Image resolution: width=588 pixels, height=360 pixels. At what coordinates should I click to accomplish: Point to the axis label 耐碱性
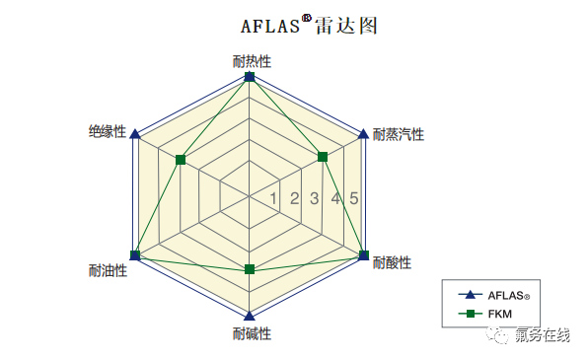click(252, 332)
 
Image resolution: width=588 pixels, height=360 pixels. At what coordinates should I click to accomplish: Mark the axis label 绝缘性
click(108, 131)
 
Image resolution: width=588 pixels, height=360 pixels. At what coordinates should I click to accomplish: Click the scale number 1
click(274, 198)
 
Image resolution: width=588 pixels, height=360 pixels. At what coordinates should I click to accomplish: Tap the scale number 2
click(294, 198)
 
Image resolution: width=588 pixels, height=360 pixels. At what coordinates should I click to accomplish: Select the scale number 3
click(315, 198)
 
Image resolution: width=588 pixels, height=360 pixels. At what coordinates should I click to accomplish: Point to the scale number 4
click(335, 198)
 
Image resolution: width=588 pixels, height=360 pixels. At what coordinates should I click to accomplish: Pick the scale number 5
click(354, 198)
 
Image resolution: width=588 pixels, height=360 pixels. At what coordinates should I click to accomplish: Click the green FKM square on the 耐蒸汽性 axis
click(323, 157)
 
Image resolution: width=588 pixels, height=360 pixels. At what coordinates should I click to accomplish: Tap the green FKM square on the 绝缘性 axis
click(180, 159)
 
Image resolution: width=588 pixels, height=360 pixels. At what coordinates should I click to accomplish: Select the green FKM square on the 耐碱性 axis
click(250, 269)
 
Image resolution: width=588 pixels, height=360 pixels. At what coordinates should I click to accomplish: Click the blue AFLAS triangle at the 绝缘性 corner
click(136, 133)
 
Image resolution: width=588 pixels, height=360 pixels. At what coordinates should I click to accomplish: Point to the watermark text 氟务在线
click(543, 336)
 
